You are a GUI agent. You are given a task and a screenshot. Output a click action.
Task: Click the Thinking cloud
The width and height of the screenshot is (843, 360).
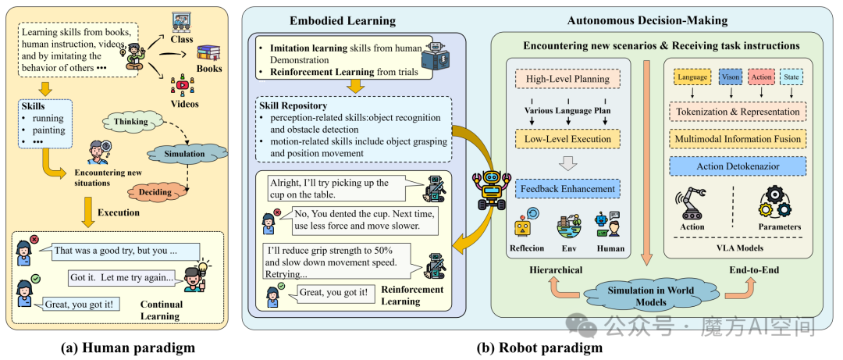point(130,122)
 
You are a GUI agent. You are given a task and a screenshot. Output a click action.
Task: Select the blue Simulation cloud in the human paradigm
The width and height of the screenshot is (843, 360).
point(184,155)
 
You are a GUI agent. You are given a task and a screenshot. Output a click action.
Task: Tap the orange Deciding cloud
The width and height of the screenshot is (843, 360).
point(156,192)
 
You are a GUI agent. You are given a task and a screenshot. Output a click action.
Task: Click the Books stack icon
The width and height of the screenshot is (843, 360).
point(209,53)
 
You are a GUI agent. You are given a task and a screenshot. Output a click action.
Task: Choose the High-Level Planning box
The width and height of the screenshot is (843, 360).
point(567,79)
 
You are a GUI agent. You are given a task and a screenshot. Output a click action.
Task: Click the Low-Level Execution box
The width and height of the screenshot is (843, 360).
point(567,139)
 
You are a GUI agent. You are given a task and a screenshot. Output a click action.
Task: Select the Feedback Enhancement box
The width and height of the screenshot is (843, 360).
point(567,189)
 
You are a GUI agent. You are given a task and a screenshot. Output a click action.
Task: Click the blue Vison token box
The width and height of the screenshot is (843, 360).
point(730,77)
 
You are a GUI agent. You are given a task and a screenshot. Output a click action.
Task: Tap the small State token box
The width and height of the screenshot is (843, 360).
point(791,77)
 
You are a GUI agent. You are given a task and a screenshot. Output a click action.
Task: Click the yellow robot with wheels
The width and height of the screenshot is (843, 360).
point(488,189)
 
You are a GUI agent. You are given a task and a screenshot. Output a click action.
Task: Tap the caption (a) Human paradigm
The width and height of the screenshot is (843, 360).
point(129,348)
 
